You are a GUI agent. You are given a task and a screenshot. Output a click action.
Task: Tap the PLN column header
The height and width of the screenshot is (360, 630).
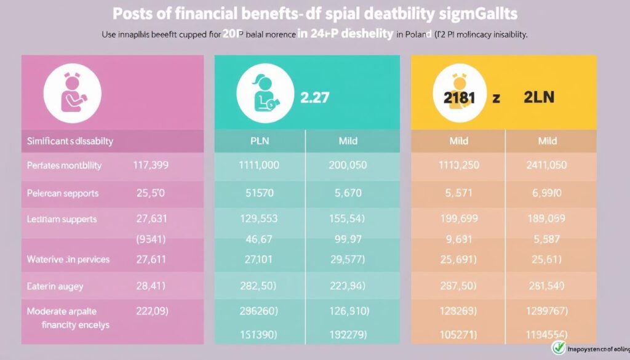pos(260,141)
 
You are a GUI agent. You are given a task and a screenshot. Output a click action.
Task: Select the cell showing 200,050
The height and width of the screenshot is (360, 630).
pos(348,166)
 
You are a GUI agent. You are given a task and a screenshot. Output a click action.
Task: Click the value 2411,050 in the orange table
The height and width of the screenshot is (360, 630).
pos(546,166)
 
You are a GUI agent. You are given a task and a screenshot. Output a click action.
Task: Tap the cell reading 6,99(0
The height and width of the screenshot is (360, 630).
pos(546,193)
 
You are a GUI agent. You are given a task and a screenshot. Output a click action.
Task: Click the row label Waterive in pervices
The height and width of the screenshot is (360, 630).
pos(68,259)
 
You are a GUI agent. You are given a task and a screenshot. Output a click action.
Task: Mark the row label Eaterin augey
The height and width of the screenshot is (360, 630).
pos(55,286)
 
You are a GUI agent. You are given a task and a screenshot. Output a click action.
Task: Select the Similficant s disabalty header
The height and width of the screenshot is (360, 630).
pos(70,141)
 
